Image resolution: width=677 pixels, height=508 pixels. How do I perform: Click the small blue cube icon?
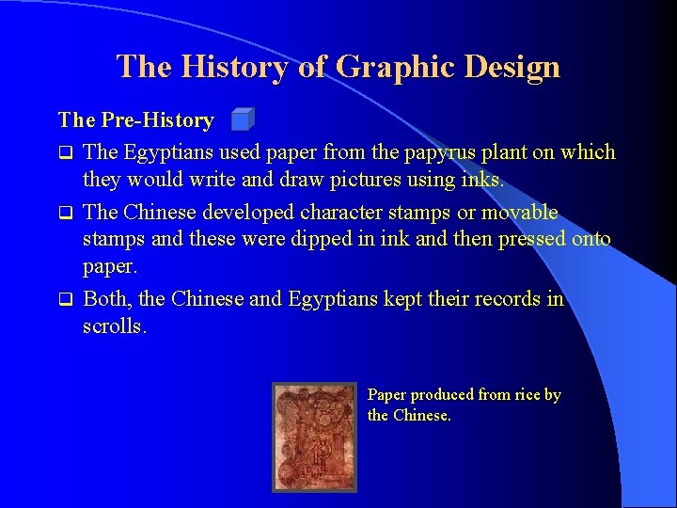click(243, 119)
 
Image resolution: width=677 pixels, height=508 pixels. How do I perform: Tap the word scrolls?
click(115, 325)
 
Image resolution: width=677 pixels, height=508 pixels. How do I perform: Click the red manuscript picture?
click(315, 437)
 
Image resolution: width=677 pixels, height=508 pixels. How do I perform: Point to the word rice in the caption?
click(525, 395)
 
